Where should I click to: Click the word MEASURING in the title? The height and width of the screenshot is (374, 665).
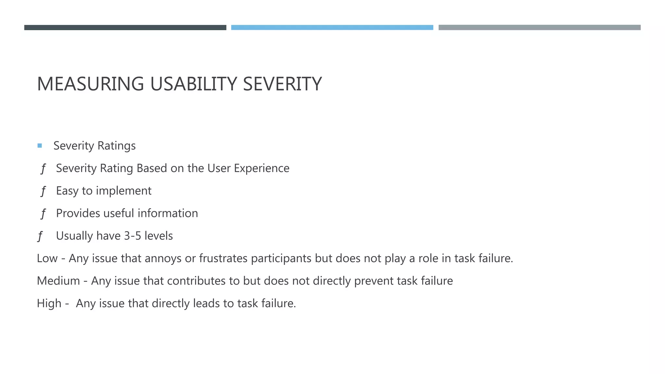coord(90,84)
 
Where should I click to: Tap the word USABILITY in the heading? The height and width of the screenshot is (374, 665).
coord(194,84)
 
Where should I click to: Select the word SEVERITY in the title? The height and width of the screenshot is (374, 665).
coord(282,84)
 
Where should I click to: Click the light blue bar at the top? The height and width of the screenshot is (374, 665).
coord(332,28)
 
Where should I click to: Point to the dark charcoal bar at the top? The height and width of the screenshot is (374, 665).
coord(125,28)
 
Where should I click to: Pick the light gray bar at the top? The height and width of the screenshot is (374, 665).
coord(539,28)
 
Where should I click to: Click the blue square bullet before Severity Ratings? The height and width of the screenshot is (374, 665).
coord(40,146)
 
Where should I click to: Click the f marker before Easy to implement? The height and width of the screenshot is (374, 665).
coord(43,191)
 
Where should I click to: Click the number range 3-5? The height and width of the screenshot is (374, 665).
coord(132,236)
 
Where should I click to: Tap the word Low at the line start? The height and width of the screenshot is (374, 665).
coord(47,258)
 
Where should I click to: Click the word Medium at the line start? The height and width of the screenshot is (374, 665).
coord(58,281)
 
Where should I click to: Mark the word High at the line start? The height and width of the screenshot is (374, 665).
coord(49,303)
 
